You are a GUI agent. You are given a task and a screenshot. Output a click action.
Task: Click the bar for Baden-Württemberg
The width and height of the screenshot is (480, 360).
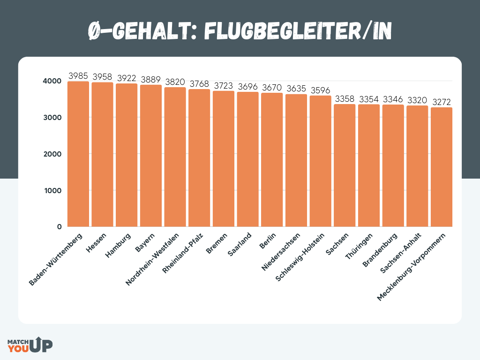(x=78, y=154)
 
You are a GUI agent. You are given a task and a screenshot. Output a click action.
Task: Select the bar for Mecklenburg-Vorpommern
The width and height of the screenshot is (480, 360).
(x=441, y=167)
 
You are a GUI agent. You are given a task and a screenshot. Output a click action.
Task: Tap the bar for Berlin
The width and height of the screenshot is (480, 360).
(x=272, y=160)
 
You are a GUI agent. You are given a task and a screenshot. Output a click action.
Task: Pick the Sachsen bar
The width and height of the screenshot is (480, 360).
(x=345, y=165)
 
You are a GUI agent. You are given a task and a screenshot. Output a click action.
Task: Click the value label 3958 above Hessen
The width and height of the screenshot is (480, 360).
(x=102, y=76)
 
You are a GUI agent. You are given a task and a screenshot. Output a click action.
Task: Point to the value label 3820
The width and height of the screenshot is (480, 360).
(x=175, y=82)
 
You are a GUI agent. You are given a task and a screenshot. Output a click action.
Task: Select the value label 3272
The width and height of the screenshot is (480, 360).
(x=441, y=102)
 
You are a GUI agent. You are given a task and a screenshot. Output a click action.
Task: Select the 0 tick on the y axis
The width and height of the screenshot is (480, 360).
(x=59, y=227)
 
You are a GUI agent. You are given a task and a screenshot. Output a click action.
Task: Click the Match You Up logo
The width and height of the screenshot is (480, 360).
(x=30, y=345)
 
